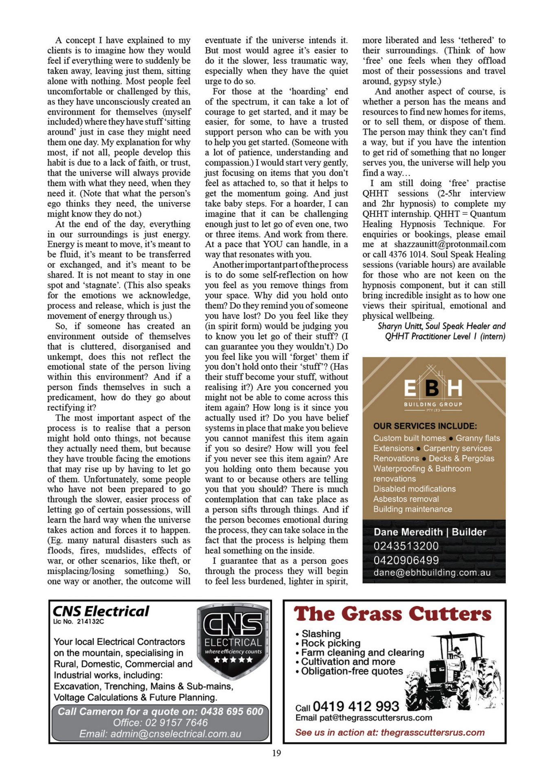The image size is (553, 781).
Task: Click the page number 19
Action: tap(276, 753)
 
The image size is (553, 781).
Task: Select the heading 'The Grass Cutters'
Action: tap(393, 614)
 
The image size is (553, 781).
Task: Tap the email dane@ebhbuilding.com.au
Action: tap(432, 572)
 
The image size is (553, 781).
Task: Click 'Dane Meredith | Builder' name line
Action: tap(430, 532)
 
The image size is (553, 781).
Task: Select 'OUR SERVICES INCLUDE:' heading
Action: tap(425, 426)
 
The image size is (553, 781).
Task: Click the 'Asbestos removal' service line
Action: tap(406, 499)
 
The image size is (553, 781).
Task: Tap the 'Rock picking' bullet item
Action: tap(331, 643)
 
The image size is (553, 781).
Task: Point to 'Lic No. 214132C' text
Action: tap(79, 622)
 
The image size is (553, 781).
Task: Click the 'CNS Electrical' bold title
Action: tap(101, 611)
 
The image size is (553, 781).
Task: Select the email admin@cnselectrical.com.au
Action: tap(160, 734)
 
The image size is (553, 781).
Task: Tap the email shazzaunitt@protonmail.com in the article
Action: tap(450, 244)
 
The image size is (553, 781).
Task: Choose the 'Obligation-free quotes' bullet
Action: tap(352, 671)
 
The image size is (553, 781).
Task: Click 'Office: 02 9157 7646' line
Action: tap(160, 722)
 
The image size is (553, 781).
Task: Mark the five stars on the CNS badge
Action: tap(233, 660)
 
